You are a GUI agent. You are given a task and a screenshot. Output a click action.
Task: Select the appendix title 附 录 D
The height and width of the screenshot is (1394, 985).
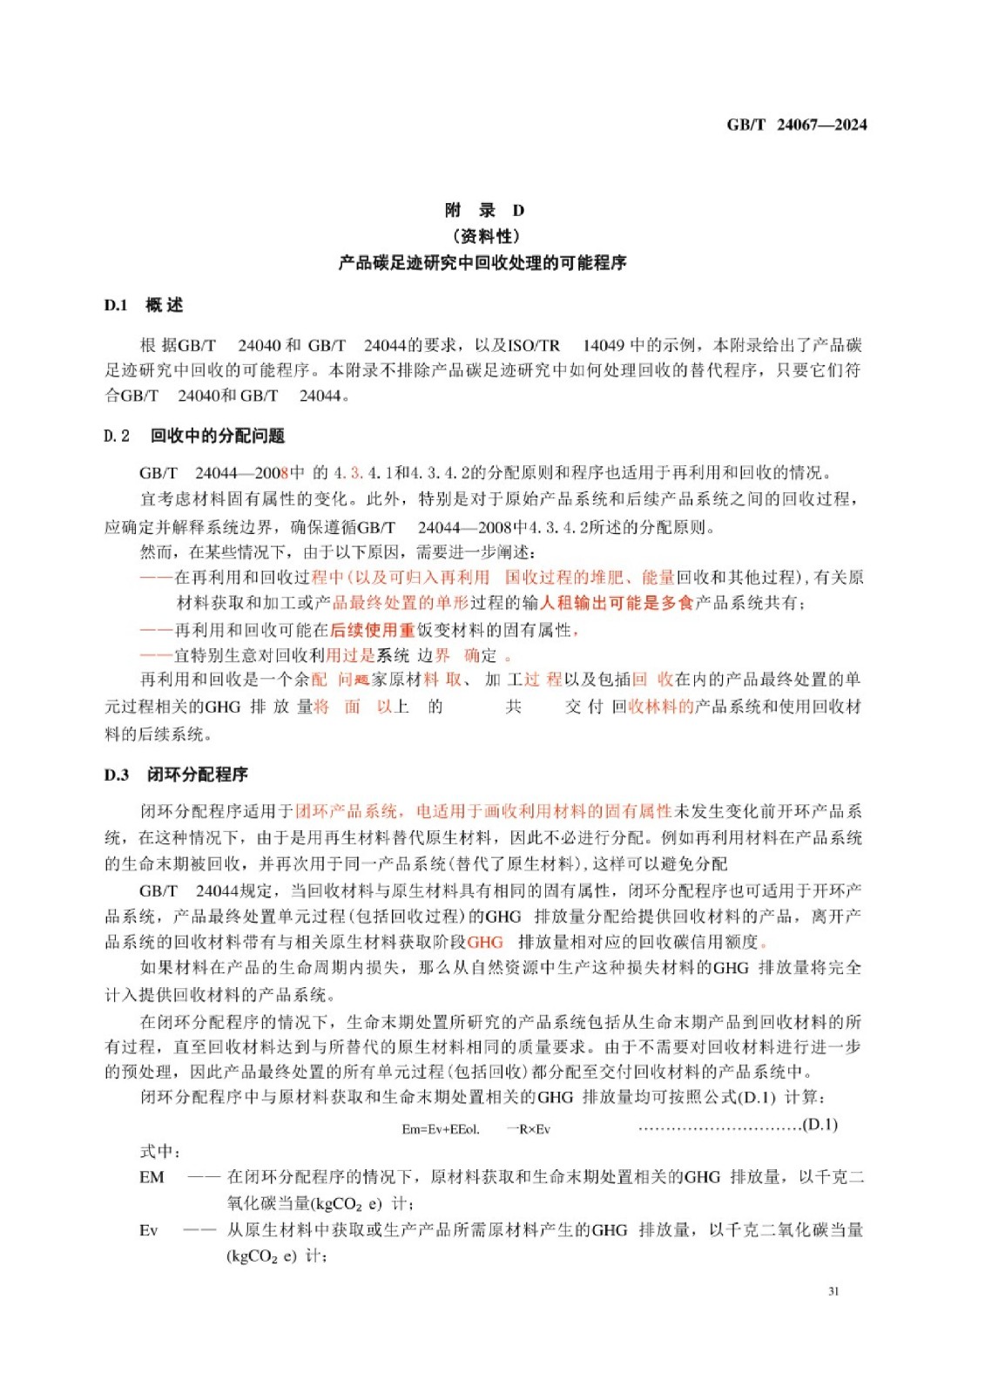[x=484, y=210]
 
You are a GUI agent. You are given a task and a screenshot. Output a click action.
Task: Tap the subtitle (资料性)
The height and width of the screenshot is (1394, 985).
[x=485, y=236]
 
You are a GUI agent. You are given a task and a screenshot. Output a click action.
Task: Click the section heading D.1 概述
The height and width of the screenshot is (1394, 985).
[x=144, y=305]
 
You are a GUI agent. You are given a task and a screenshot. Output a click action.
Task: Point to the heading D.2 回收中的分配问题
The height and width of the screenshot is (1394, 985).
[x=194, y=436]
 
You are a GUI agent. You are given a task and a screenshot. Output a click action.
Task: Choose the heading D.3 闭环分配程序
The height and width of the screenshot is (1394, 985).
[x=177, y=775]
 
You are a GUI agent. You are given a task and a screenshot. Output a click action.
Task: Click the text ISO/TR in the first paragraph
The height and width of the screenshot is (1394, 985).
[x=534, y=345]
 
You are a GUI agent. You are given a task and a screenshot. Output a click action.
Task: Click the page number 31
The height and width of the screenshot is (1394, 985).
[x=833, y=1291]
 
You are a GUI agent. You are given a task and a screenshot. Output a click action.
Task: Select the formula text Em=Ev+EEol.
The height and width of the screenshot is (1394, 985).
[x=441, y=1129]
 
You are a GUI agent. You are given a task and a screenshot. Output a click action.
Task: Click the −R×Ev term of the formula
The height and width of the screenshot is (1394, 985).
[x=530, y=1129]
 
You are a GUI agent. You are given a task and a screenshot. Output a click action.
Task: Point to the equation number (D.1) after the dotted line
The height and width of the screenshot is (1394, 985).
[x=820, y=1125]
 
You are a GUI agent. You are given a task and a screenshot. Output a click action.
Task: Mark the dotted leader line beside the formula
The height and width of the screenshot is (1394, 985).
[x=719, y=1127]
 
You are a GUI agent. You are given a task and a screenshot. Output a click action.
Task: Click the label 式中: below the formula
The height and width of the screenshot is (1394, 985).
[x=160, y=1152]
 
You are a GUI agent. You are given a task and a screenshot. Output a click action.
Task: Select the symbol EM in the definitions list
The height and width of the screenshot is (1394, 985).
[x=152, y=1177]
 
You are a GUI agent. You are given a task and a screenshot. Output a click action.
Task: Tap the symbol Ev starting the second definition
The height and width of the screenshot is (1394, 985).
[x=149, y=1230]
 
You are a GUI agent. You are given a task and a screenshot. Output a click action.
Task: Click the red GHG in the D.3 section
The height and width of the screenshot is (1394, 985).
[x=485, y=942]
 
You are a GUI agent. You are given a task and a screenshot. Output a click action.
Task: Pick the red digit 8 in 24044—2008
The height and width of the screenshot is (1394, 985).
[x=284, y=473]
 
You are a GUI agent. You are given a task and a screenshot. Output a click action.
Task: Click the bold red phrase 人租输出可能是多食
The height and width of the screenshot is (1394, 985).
[x=617, y=603]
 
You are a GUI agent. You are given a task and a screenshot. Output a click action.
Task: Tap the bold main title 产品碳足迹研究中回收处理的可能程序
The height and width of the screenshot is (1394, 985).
[x=482, y=263]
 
